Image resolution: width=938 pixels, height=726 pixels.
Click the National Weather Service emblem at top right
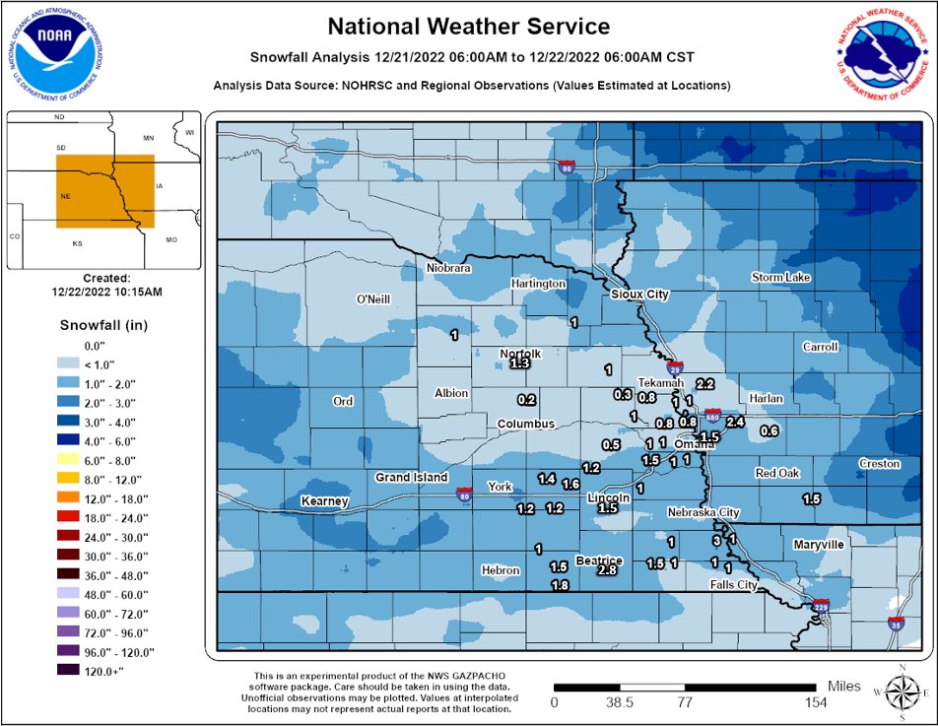(883, 56)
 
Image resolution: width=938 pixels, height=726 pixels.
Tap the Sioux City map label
(639, 295)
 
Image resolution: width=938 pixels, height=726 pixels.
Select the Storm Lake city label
(780, 278)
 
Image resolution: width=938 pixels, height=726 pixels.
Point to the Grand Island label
(412, 478)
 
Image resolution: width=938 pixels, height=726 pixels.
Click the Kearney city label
(325, 502)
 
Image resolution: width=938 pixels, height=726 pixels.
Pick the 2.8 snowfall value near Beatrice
(607, 570)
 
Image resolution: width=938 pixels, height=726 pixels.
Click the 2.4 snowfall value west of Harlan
(734, 423)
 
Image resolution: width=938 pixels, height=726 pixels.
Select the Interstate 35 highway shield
(895, 625)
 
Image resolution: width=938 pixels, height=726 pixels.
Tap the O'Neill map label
(374, 299)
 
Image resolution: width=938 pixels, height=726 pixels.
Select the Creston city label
(879, 464)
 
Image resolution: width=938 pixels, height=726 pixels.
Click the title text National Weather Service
(468, 27)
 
